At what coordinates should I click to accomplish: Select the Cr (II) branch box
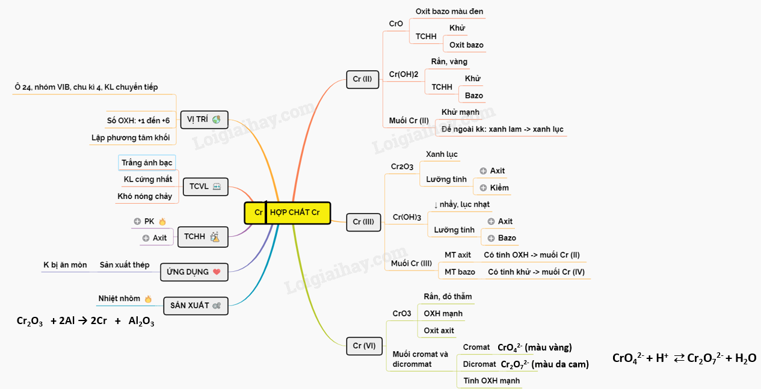pos(362,79)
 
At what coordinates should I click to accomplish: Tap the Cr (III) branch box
pos(363,222)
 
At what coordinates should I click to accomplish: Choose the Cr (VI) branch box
pos(363,346)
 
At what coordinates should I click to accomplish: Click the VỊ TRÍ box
pos(204,119)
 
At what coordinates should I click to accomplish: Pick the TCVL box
pos(205,186)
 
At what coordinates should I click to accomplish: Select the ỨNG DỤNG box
pos(194,272)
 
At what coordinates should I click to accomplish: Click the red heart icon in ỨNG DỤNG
pos(217,272)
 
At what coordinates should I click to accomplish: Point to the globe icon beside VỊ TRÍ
pos(216,119)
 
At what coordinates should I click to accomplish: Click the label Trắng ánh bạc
pos(147,163)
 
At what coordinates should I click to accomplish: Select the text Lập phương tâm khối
pos(131,138)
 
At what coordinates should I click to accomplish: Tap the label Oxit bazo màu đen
pos(449,11)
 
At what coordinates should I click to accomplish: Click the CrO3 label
pos(402,313)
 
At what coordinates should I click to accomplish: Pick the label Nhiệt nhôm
pos(119,298)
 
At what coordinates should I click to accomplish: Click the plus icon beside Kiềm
pos(483,188)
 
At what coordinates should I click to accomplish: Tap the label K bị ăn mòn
pos(65,265)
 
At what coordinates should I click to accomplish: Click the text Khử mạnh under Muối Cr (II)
pos(460,112)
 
